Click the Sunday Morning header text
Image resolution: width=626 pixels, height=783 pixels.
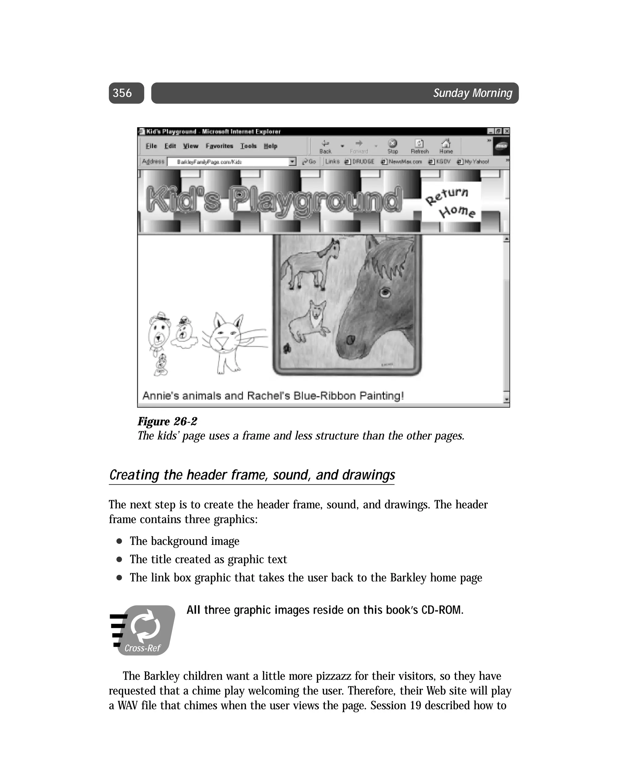(472, 93)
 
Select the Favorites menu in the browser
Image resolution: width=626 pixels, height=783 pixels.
(219, 146)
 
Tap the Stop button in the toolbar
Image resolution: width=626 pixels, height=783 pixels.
(392, 146)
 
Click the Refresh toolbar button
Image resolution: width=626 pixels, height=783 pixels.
(419, 146)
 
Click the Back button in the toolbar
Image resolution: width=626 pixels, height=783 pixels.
(325, 146)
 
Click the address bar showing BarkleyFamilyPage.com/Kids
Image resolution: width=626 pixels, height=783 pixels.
(229, 162)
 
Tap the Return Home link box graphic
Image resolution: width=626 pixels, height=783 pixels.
(451, 202)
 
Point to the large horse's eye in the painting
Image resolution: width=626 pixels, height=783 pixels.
(385, 292)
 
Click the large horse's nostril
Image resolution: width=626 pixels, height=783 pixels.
(350, 340)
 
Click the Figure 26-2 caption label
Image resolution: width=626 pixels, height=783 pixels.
(167, 421)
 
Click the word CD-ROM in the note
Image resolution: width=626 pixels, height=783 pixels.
(441, 610)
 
